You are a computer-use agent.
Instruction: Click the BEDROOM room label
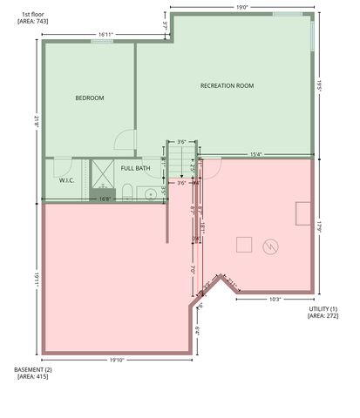pos(90,98)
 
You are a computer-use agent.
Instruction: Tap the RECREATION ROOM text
pos(227,85)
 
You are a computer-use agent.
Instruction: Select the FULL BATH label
pos(135,167)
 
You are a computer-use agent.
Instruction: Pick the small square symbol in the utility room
pos(244,245)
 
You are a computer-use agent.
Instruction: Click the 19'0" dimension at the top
pos(241,7)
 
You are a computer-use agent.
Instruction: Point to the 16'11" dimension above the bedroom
pos(105,35)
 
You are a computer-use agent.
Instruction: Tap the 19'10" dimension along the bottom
pos(118,360)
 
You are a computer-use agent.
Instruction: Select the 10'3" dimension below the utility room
pos(274,299)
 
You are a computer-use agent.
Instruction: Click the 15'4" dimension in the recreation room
pos(256,155)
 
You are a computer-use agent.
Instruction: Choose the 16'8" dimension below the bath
pos(105,199)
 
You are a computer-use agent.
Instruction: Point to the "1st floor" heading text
pos(33,14)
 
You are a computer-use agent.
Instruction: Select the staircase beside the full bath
pos(180,157)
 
